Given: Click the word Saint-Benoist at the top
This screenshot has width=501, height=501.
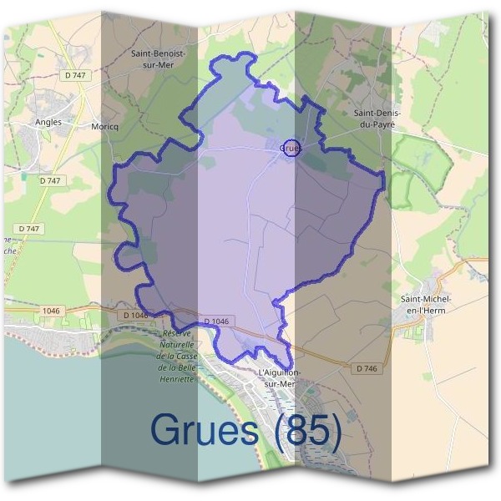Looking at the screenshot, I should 158,53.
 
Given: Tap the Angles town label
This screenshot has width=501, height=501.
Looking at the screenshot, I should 48,121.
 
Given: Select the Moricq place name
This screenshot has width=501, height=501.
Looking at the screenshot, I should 104,126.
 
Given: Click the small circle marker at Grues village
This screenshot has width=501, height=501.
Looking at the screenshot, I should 291,148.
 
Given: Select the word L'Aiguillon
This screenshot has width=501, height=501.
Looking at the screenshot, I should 280,372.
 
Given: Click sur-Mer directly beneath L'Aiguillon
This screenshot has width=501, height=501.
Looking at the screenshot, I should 280,383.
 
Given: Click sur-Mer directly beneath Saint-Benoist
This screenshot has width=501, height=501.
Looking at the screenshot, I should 158,63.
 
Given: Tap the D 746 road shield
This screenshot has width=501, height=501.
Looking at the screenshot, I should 365,367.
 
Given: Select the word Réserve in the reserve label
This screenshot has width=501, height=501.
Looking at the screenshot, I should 177,333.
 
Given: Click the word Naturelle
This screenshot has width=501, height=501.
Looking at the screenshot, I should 176,344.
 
